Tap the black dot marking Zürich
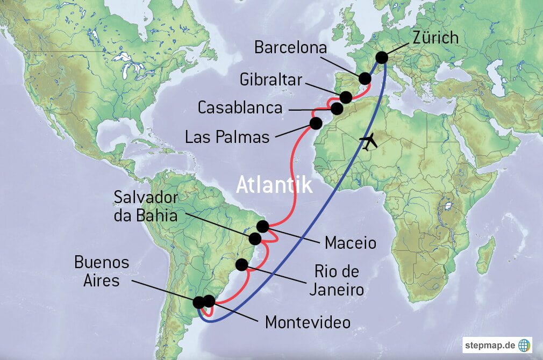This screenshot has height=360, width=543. (382, 57)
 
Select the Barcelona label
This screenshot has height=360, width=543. (290, 49)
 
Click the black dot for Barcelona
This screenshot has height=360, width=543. (365, 78)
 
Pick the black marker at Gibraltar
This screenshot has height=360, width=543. (345, 97)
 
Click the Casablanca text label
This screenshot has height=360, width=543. (240, 107)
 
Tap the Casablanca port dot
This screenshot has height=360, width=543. (337, 109)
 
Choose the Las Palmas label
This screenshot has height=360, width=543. (227, 136)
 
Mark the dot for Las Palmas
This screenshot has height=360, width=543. (316, 123)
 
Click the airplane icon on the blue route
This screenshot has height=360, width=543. (369, 142)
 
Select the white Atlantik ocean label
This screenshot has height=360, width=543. (274, 185)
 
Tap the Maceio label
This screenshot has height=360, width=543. (350, 243)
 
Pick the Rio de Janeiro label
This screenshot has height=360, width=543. (336, 280)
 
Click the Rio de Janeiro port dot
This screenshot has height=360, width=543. (242, 264)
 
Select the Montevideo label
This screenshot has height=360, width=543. (308, 323)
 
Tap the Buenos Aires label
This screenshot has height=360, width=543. (102, 271)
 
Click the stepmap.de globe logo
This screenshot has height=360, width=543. (524, 344)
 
